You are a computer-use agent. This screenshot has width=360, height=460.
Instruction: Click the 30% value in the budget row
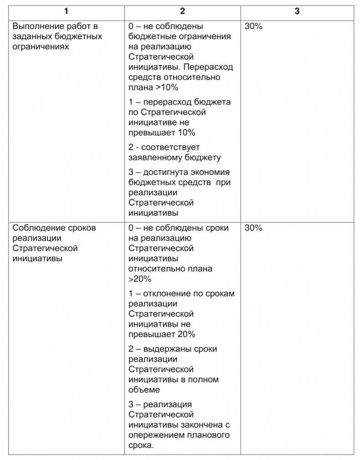253,26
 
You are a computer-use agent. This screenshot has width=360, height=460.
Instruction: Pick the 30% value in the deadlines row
253,228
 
